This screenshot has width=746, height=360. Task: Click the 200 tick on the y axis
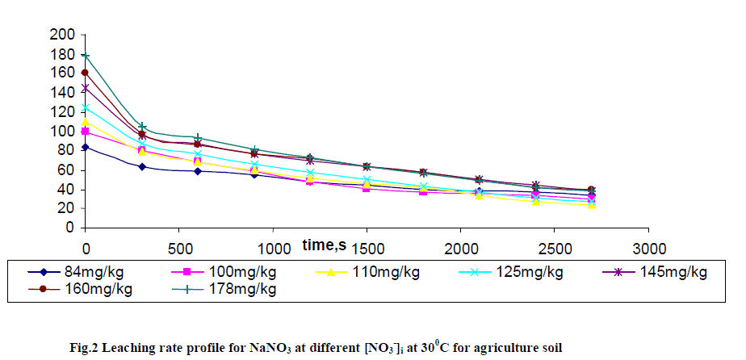pyautogui.click(x=62, y=35)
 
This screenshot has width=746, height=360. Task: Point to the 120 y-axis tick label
pyautogui.click(x=62, y=112)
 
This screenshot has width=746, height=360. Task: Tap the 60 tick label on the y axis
pyautogui.click(x=66, y=170)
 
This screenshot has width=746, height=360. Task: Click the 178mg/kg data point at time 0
pyautogui.click(x=86, y=56)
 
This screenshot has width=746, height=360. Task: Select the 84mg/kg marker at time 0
pyautogui.click(x=86, y=147)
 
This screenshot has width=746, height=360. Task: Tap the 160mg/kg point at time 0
pyautogui.click(x=86, y=73)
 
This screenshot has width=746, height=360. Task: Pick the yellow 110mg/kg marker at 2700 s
pyautogui.click(x=592, y=205)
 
